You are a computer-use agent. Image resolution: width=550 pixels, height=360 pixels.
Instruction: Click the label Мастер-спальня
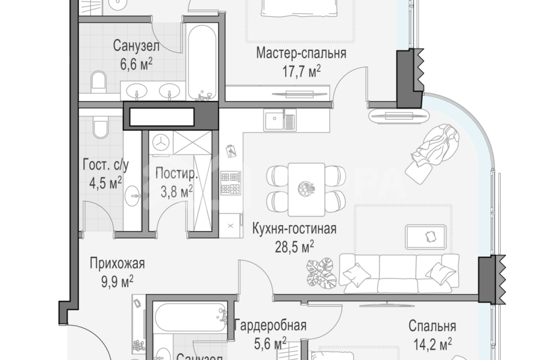pyautogui.click(x=301, y=54)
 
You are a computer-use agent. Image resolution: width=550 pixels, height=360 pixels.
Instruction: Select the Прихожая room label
pyautogui.click(x=117, y=263)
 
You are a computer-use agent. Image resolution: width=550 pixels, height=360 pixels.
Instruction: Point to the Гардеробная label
pyautogui.click(x=270, y=325)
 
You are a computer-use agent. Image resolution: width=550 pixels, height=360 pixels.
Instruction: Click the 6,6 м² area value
pyautogui.click(x=137, y=64)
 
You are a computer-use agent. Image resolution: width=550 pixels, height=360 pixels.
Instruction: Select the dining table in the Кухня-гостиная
pyautogui.click(x=306, y=190)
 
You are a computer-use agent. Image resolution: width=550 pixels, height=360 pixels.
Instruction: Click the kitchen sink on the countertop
pyautogui.click(x=280, y=121)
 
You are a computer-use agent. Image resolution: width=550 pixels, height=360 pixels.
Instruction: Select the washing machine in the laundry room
pyautogui.click(x=161, y=141)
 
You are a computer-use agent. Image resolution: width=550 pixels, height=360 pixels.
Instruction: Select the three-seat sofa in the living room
pyautogui.click(x=399, y=273)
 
